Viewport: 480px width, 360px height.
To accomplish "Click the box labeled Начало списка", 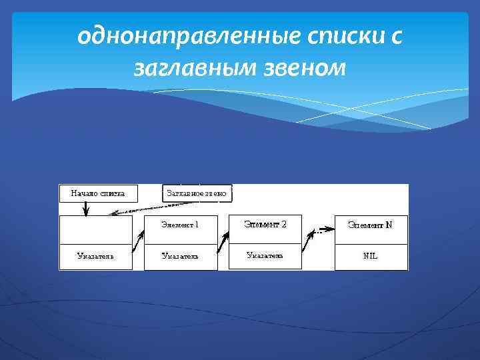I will [x=98, y=193].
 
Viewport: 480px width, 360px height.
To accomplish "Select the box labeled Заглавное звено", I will [x=197, y=193].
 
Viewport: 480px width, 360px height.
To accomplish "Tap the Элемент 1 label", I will [x=180, y=225].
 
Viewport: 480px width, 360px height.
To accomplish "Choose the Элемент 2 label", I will [x=265, y=225].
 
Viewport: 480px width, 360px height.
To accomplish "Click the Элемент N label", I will [x=370, y=225].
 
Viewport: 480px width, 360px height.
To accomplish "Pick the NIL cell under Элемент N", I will [x=370, y=256].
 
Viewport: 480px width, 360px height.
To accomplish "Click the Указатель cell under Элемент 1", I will [x=180, y=256].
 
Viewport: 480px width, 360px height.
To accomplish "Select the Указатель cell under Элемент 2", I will [x=265, y=255].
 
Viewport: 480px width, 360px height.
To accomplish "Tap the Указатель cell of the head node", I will [x=95, y=256].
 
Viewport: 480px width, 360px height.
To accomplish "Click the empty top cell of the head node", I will [x=95, y=230].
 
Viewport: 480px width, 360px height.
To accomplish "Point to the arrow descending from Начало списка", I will [x=85, y=208].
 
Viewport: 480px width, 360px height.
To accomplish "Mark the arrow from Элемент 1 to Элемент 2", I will [x=223, y=241].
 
